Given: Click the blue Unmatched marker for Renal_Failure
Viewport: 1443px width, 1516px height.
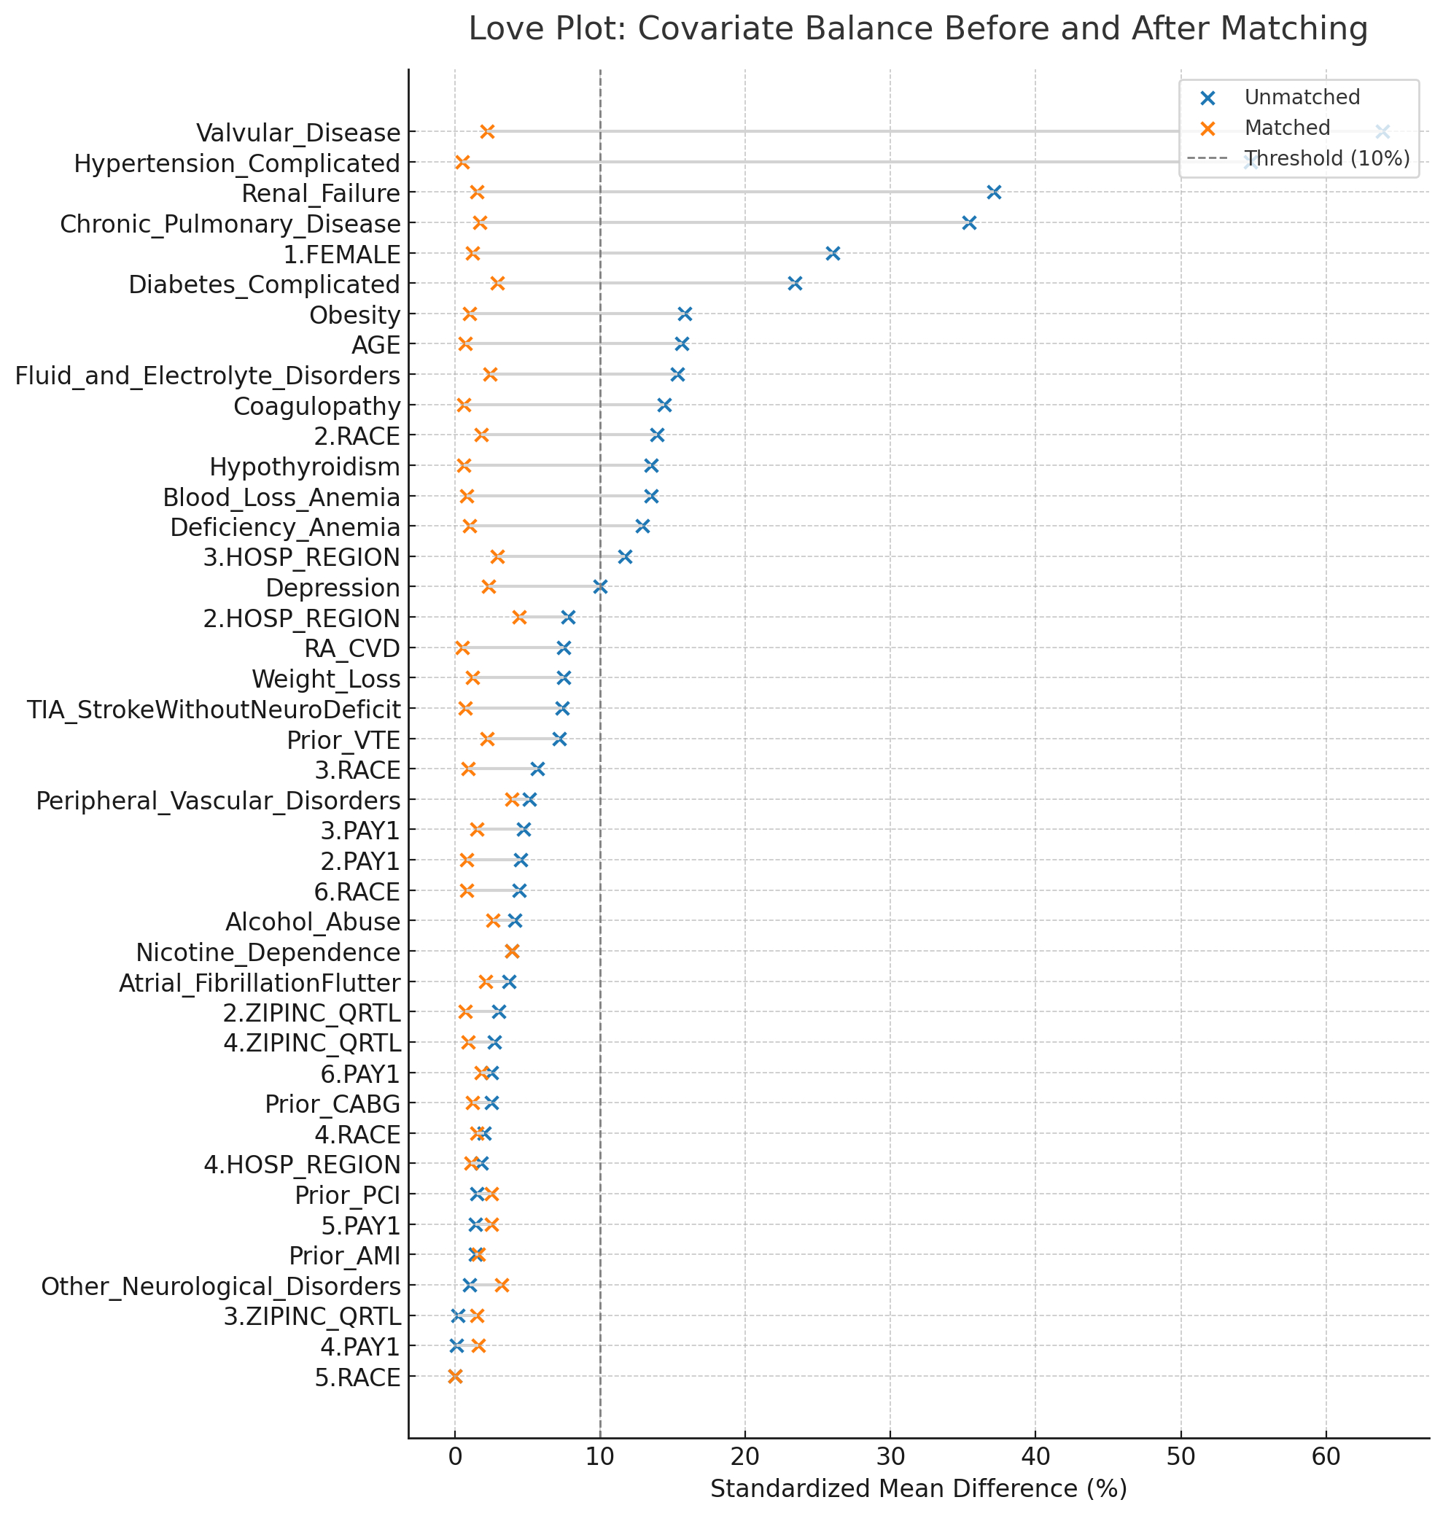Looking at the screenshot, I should (x=994, y=193).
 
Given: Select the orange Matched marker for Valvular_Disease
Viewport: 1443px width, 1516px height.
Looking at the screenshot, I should (x=487, y=131).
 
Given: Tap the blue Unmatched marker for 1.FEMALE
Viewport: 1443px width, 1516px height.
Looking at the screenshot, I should (x=832, y=253).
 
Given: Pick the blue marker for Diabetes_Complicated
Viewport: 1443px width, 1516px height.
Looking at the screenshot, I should (x=796, y=284).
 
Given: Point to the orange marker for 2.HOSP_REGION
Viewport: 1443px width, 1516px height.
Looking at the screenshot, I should (x=519, y=618).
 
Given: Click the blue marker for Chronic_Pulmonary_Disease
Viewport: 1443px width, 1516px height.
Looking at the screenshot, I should (x=969, y=223).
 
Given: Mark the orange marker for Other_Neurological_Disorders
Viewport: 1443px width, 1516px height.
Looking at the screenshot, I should (x=502, y=1286).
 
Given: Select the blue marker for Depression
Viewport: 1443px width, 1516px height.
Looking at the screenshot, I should (x=601, y=588).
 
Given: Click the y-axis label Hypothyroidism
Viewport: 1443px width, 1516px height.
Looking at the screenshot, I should (x=305, y=467).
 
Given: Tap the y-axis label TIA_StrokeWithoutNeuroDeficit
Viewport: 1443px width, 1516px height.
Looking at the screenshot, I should (x=214, y=710).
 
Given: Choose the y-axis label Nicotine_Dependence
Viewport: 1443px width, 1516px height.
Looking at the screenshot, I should (x=268, y=953).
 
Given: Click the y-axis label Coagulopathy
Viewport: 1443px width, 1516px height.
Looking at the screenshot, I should (x=317, y=406).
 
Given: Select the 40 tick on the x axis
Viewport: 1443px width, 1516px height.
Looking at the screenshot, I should (x=1035, y=1457).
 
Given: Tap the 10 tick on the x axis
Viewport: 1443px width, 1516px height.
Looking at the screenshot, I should (x=600, y=1457).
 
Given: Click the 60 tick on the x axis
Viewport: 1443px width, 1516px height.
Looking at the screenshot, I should (x=1326, y=1457).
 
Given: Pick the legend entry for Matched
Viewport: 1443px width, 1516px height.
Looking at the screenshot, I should (x=1287, y=128).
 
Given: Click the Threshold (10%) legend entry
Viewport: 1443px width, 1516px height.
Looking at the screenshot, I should (x=1327, y=158).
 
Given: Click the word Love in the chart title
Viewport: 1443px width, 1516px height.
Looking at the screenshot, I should (x=501, y=29).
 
